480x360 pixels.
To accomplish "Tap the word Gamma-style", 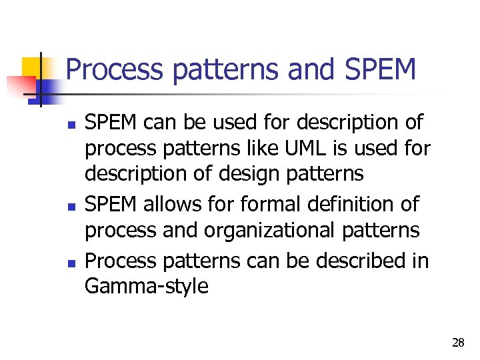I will (146, 287).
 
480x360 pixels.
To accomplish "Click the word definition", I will (343, 205).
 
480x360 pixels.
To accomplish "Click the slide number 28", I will (458, 343).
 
